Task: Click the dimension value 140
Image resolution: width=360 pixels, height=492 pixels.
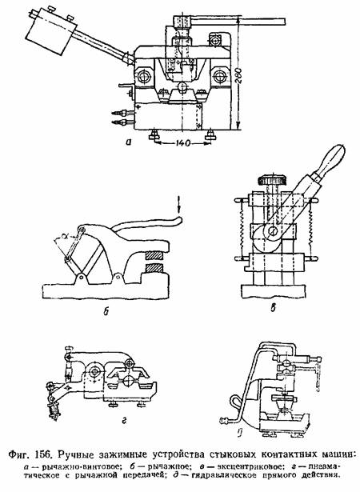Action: (182, 143)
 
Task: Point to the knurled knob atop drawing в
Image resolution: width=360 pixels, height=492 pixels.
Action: (273, 181)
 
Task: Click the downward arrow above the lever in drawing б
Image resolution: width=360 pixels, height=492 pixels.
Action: (179, 204)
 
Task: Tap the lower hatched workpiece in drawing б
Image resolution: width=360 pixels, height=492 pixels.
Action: (154, 268)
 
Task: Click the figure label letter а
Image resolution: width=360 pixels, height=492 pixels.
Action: (127, 142)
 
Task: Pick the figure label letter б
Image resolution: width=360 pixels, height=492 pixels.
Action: (106, 310)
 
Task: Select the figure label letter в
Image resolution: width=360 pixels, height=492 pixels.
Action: (273, 309)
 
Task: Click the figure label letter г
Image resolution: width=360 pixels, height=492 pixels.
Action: (124, 421)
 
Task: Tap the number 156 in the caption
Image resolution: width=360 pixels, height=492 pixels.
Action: (46, 454)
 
